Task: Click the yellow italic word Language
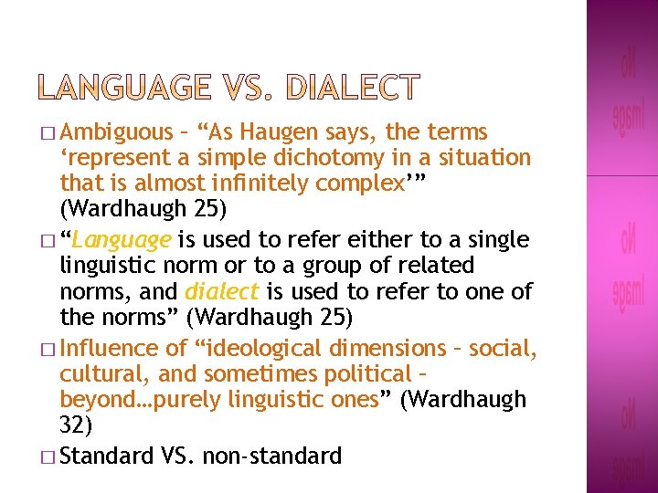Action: [x=122, y=240]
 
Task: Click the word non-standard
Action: [x=274, y=455]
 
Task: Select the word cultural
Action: [x=98, y=374]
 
